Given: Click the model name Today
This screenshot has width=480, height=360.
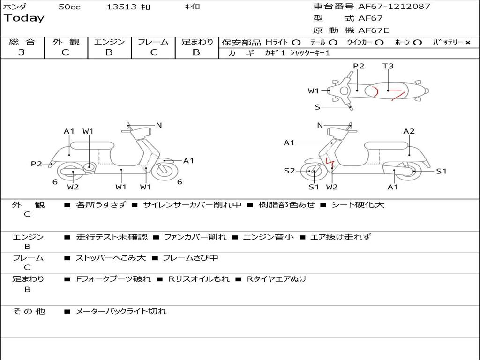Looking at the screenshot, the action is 24,18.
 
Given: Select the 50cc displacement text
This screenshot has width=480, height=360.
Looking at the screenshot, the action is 69,7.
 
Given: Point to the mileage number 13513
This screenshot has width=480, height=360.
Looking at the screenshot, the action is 121,7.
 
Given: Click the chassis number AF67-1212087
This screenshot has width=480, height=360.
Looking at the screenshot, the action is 394,7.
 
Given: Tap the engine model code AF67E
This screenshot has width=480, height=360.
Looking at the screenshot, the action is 374,31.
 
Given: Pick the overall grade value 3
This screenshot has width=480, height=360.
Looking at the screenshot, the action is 22,52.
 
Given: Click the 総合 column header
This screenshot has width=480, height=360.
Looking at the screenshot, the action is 22,42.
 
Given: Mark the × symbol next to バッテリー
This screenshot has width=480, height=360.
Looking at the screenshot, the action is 468,43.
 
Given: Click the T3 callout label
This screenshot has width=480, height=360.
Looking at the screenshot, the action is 388,66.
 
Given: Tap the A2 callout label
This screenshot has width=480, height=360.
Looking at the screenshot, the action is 409,131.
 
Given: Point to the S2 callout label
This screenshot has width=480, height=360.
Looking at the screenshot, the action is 289,171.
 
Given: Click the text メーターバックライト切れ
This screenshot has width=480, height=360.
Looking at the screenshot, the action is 121,311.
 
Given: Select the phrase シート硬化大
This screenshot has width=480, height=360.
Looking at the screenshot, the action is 358,205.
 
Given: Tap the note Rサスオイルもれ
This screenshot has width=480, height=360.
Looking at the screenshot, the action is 199,279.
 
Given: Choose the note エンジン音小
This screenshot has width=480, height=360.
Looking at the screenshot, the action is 269,237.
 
